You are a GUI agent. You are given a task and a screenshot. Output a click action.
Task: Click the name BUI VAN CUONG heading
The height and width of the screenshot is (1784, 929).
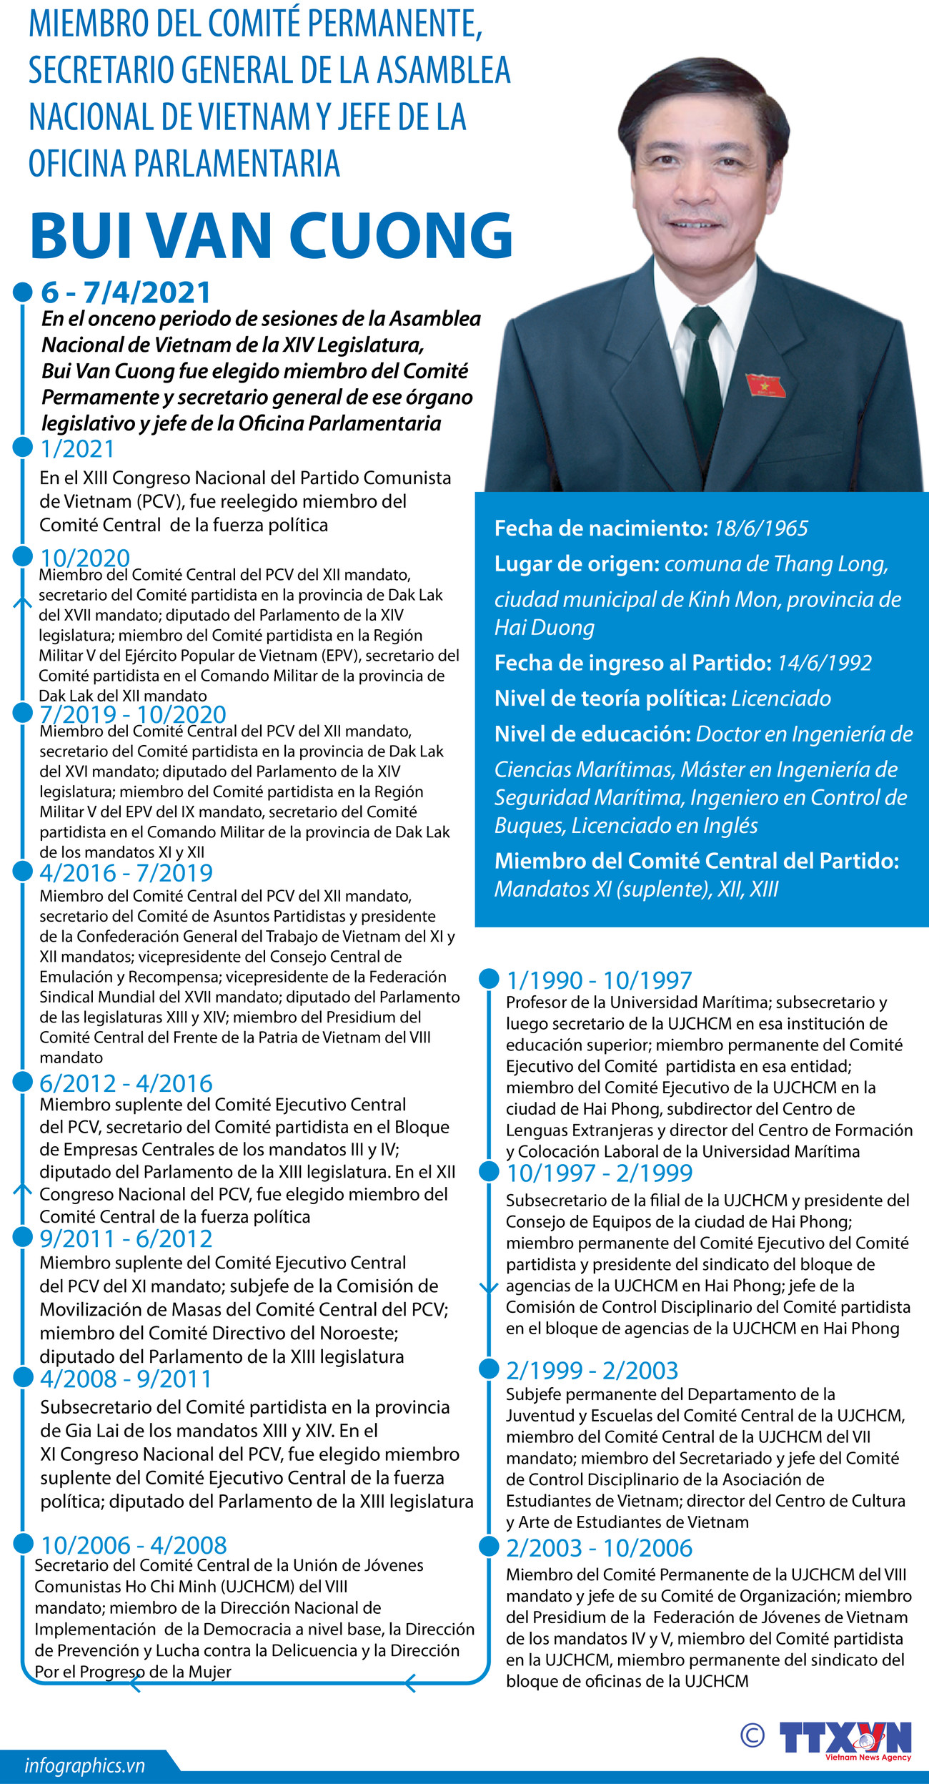point(272,235)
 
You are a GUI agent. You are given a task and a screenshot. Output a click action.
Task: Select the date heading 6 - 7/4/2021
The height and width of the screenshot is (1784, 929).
point(126,292)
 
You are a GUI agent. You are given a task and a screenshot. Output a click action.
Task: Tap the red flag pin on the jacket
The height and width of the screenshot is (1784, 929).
point(765,385)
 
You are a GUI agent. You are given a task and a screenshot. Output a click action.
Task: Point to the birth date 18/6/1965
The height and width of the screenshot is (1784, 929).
point(760,528)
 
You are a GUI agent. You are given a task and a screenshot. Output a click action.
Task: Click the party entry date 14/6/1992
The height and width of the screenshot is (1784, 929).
point(824,663)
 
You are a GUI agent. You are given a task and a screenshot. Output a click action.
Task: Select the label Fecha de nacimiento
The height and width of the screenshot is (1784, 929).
point(600,528)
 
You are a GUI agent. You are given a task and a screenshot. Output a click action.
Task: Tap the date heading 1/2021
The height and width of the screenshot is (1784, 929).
point(77,448)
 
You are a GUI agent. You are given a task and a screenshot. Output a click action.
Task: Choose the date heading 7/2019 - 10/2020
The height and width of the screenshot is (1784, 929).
point(133,714)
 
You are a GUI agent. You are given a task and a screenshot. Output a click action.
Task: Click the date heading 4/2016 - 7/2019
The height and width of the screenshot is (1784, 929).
point(126,872)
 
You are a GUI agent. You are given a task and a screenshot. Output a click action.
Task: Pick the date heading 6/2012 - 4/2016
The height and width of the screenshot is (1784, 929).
point(126,1083)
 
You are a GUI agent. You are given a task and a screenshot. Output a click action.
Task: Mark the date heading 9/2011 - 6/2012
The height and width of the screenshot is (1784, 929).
point(126,1238)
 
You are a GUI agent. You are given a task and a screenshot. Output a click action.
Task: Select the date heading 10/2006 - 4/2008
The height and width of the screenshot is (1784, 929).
point(134,1545)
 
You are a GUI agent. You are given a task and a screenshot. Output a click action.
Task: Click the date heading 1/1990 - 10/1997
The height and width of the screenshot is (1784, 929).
point(599,980)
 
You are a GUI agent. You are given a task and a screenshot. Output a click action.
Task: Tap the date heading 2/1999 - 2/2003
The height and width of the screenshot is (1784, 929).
point(592,1370)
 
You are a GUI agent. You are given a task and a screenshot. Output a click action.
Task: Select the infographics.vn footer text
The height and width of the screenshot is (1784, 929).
point(84,1765)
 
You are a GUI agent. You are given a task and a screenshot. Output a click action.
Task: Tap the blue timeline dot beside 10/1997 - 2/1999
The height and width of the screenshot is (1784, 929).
point(489,1171)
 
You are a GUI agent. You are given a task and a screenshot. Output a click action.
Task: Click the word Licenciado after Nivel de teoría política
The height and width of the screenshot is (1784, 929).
point(781,699)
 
